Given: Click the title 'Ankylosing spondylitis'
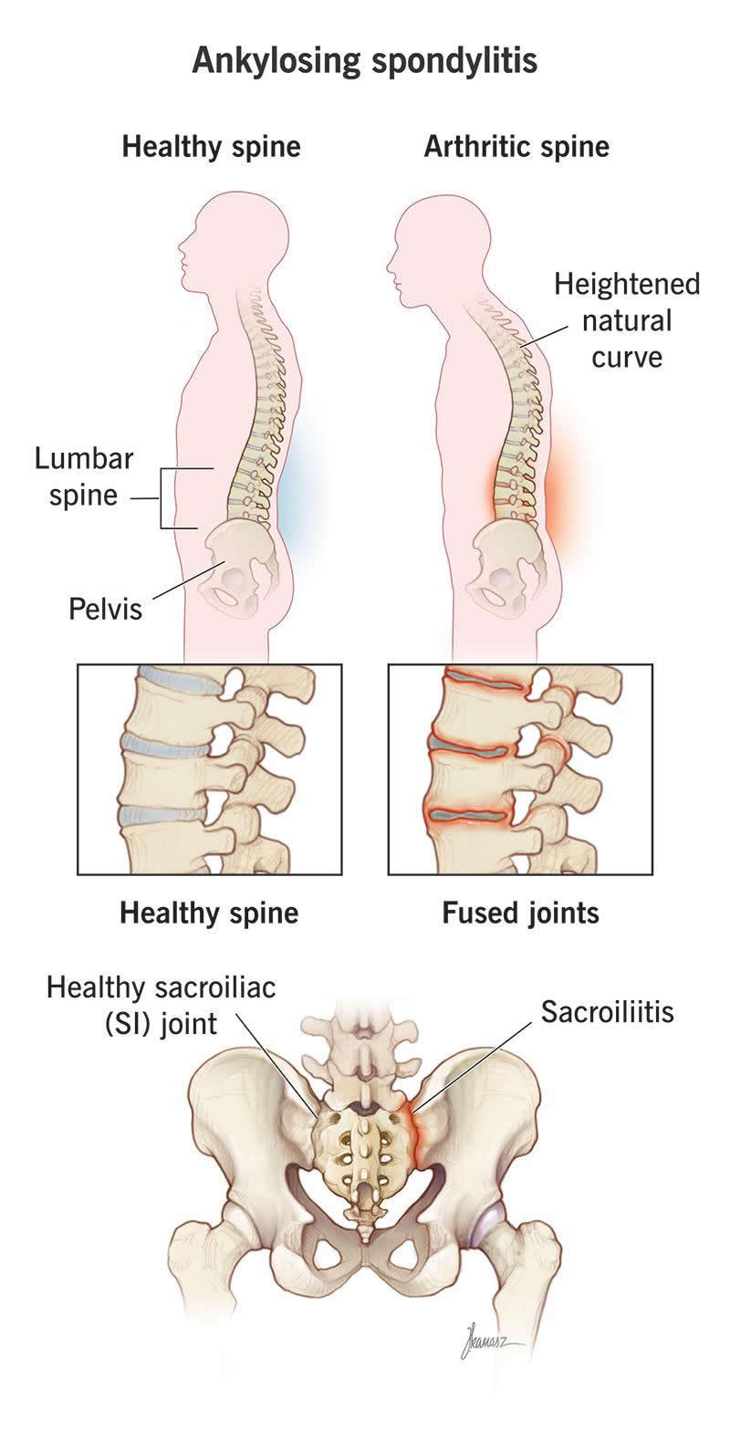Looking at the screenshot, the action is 365,61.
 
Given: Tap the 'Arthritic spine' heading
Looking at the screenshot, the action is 516,146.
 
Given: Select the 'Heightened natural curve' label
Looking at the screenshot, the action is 627,320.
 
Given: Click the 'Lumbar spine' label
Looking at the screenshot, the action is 84,476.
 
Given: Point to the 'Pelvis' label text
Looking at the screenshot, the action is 106,609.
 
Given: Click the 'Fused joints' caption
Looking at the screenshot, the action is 520,913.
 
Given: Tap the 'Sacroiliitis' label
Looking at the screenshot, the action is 607,1011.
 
